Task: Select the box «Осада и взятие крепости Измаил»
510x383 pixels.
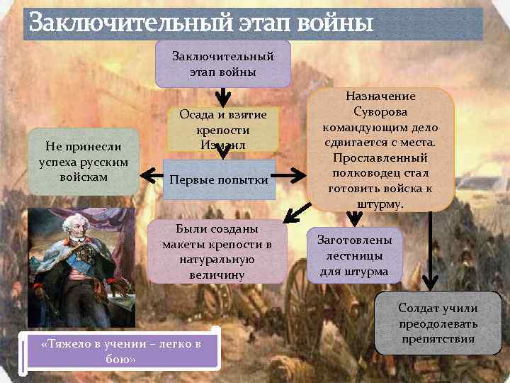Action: [x=222, y=129]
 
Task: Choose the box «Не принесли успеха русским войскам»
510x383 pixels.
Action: [x=83, y=160]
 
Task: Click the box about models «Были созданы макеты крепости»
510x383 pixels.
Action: [x=217, y=251]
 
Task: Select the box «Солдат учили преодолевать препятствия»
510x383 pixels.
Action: [x=437, y=323]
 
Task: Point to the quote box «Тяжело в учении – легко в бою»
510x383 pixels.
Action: [x=121, y=350]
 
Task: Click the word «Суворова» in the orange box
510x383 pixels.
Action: [x=380, y=111]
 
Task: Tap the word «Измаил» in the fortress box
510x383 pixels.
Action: [x=222, y=145]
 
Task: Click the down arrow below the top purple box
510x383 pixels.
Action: [x=222, y=95]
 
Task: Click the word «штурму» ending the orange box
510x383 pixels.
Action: [x=380, y=204]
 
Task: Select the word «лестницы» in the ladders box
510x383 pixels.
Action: [x=351, y=255]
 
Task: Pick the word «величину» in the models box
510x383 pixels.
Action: [x=217, y=274]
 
